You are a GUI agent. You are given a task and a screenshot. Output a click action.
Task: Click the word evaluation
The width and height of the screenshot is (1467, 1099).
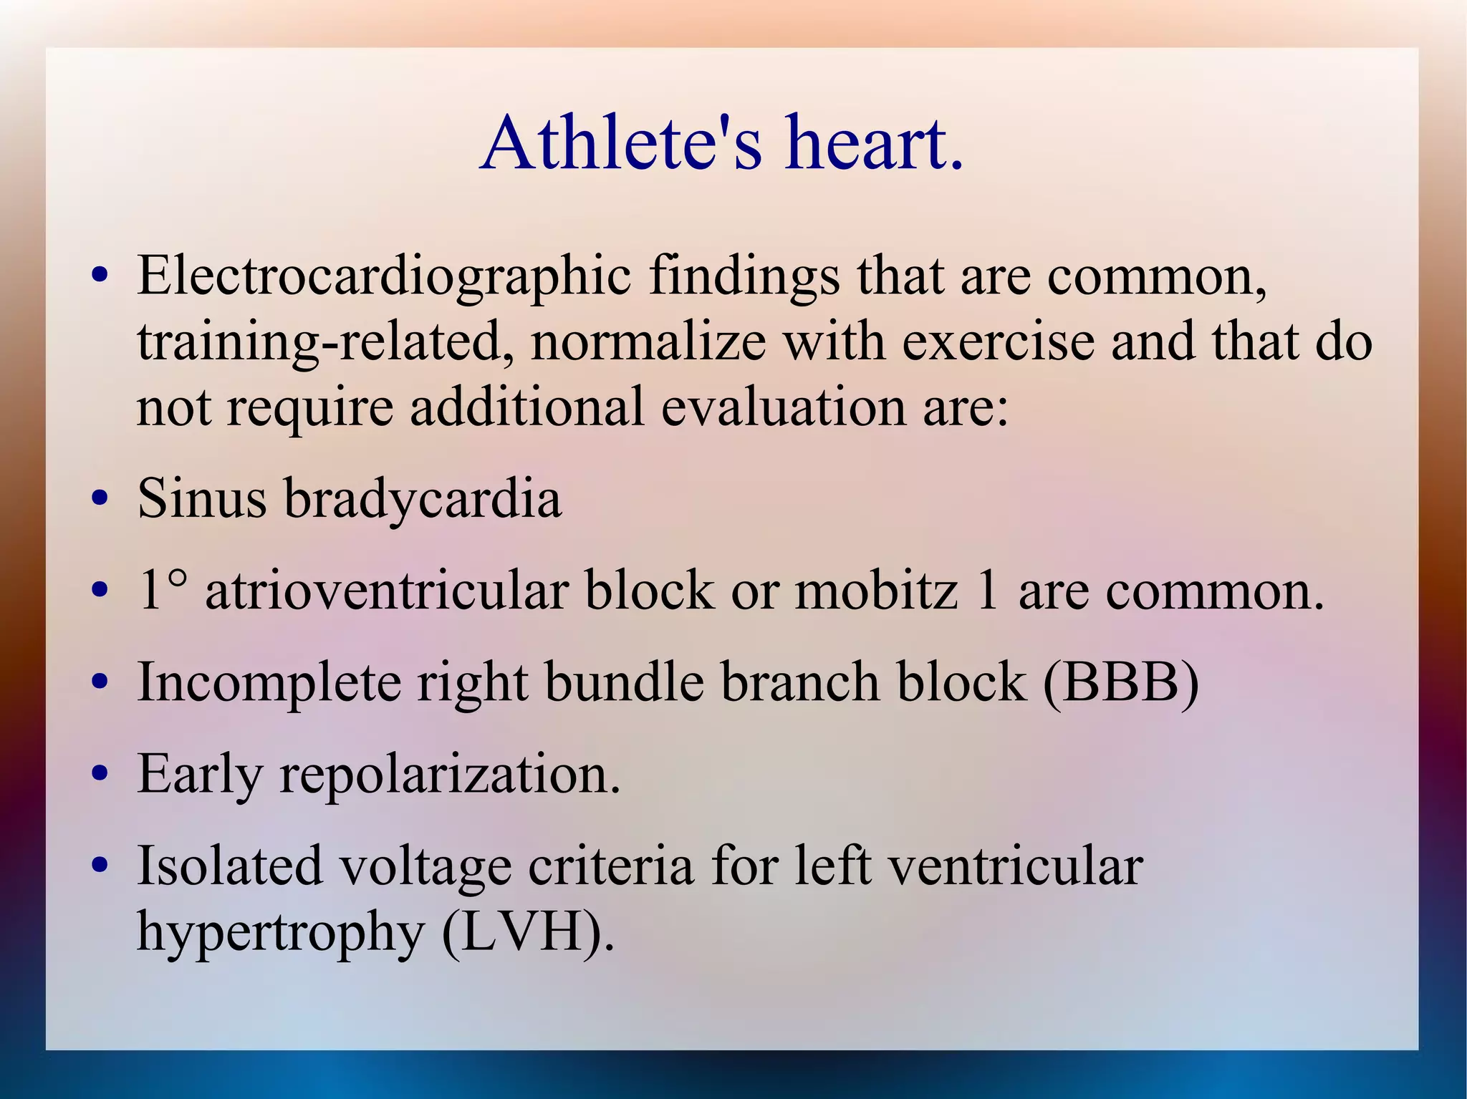783,407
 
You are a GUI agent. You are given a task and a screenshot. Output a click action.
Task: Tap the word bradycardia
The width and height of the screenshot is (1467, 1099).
423,498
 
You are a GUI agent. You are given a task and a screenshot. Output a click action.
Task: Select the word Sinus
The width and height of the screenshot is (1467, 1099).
202,498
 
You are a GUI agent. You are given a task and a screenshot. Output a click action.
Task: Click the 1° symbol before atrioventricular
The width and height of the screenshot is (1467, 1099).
163,590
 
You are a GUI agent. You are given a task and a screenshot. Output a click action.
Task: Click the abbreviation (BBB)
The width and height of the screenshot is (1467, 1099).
1120,682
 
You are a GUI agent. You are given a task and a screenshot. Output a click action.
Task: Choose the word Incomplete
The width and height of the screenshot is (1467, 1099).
269,682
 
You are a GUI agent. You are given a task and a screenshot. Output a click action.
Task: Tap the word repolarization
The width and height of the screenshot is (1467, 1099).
449,775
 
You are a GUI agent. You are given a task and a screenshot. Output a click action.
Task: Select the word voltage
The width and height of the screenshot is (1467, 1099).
425,866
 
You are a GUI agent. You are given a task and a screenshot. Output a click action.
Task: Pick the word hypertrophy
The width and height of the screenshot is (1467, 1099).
281,934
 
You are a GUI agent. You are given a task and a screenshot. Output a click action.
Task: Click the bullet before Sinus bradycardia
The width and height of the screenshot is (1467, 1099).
100,498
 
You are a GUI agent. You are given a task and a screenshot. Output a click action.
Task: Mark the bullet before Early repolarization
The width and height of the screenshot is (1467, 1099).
100,775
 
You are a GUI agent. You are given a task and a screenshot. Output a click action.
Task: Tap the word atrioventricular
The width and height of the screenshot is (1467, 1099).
387,590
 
